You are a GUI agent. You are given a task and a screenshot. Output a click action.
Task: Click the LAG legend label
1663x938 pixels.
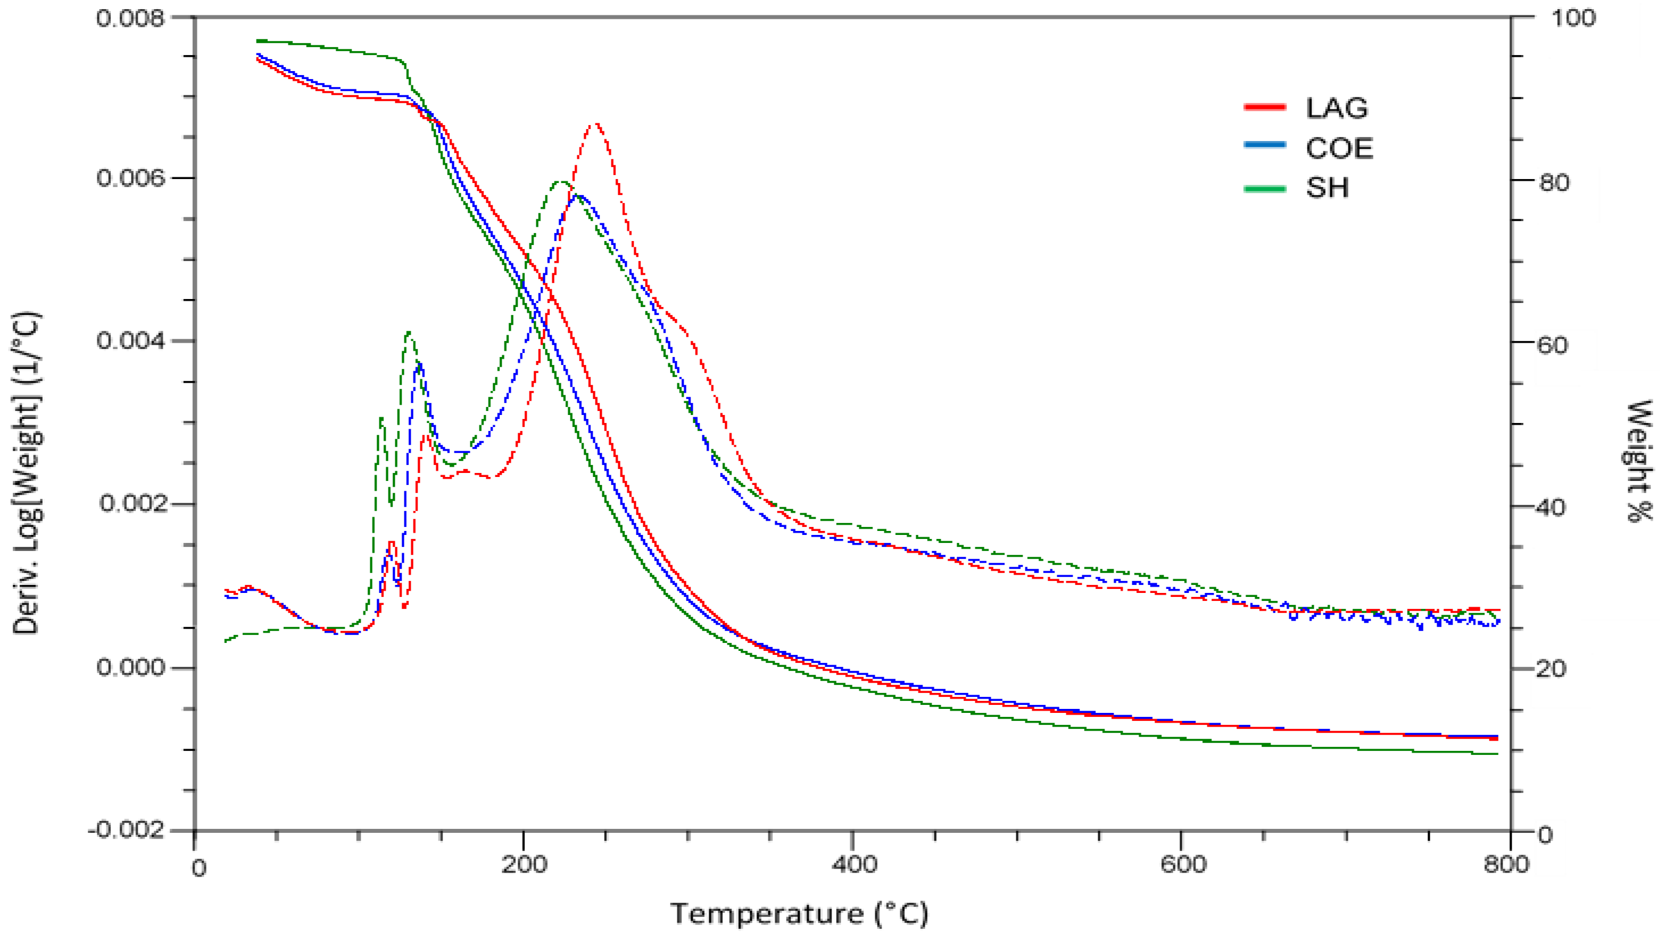pos(1337,108)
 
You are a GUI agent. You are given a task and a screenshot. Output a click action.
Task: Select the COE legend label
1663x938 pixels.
pos(1339,148)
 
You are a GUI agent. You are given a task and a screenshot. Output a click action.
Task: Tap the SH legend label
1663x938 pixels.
pos(1327,188)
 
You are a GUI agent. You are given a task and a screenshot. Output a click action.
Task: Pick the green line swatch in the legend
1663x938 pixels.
pos(1265,188)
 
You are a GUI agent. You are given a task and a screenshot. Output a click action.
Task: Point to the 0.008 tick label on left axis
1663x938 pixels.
pos(130,18)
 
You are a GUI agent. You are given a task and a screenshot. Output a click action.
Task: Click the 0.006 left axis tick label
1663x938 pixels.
pos(130,177)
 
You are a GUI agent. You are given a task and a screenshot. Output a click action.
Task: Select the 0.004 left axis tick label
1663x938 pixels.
pos(130,340)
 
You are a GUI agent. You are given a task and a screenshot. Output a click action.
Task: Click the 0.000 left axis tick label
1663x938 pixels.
pos(130,666)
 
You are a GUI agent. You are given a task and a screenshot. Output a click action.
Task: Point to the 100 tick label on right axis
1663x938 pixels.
pos(1573,18)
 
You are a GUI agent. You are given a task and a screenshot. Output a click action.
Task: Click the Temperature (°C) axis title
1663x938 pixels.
pos(799,914)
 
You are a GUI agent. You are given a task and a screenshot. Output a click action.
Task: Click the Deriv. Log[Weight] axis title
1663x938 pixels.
pos(27,472)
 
